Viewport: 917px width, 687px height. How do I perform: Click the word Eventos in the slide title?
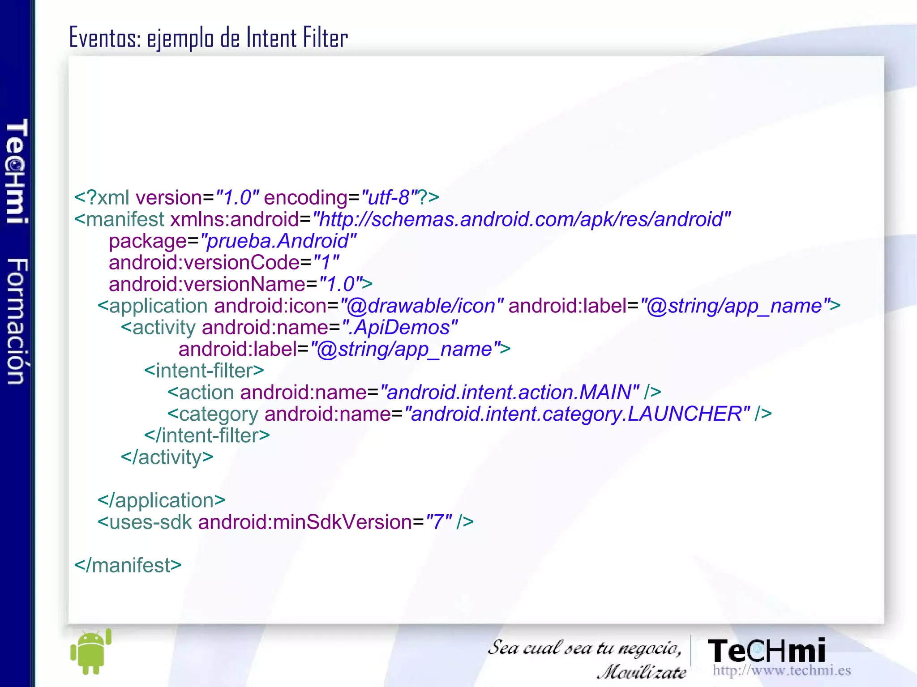pyautogui.click(x=105, y=38)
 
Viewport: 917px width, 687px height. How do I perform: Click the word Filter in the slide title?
pyautogui.click(x=325, y=38)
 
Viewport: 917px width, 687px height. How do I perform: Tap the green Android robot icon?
pyautogui.click(x=91, y=652)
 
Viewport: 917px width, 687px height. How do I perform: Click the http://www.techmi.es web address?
pyautogui.click(x=781, y=670)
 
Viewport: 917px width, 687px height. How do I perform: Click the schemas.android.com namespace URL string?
pyautogui.click(x=521, y=219)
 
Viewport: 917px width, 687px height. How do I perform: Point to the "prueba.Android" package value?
pyautogui.click(x=278, y=241)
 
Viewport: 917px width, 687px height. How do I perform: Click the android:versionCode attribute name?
pyautogui.click(x=204, y=262)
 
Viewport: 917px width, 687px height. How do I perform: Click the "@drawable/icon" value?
pyautogui.click(x=421, y=306)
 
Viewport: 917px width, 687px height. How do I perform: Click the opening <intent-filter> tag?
pyautogui.click(x=204, y=371)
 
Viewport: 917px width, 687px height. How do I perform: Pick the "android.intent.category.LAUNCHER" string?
pyautogui.click(x=576, y=414)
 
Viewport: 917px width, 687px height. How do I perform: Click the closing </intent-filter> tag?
pyautogui.click(x=207, y=435)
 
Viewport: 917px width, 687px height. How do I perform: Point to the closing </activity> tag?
pyautogui.click(x=167, y=457)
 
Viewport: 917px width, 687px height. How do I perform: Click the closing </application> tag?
pyautogui.click(x=161, y=500)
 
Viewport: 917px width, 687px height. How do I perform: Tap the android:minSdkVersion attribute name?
pyautogui.click(x=304, y=522)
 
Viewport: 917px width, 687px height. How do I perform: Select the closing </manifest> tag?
pyautogui.click(x=128, y=565)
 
